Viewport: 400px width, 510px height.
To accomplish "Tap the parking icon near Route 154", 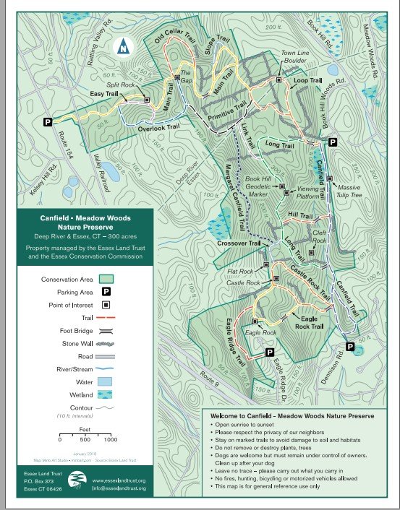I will [x=48, y=123].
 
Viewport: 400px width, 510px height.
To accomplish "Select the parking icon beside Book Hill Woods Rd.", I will [x=332, y=142].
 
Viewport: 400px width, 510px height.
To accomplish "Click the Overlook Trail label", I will [x=158, y=128].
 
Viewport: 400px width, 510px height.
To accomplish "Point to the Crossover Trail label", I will [x=238, y=244].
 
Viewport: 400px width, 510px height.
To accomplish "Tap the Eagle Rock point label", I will [x=261, y=332].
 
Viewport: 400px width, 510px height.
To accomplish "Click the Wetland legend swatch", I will [x=106, y=395].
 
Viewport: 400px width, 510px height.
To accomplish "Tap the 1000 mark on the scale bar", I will [x=111, y=438].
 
